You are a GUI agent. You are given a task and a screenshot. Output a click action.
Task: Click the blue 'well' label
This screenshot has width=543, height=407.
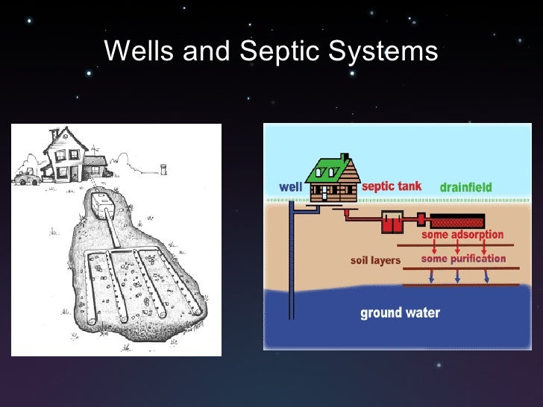point(290,187)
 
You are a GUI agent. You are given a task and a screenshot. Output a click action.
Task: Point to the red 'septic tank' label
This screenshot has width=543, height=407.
point(392,186)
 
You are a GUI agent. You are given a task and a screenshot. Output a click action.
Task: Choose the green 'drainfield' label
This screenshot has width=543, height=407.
point(465,187)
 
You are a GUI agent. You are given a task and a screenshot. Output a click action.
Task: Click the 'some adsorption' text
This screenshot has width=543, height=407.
point(462,235)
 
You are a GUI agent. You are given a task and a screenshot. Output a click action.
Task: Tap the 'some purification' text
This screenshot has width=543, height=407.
point(463,259)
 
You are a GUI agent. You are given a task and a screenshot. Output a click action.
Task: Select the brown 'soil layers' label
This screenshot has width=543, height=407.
point(376,261)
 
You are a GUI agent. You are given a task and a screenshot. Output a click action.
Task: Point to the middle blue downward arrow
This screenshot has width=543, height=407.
point(457,275)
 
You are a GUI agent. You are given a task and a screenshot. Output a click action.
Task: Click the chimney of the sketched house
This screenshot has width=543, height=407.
point(53,134)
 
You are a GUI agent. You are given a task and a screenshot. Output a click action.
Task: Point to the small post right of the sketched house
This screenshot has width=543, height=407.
point(164,168)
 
